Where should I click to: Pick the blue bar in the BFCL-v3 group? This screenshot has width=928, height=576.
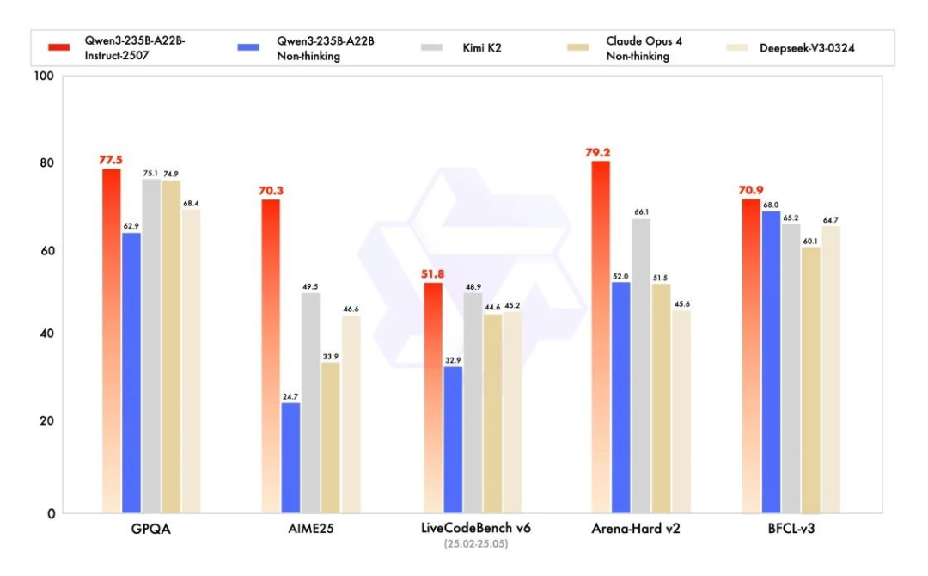(771, 361)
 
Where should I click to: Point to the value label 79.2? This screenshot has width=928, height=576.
(601, 152)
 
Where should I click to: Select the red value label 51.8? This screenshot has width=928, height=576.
(432, 273)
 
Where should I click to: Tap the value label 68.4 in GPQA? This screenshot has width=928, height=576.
(190, 203)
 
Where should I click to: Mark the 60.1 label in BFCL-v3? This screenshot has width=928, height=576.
(809, 241)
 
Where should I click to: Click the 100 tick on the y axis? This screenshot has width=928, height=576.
(46, 77)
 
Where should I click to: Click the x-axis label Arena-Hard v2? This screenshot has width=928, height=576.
(638, 530)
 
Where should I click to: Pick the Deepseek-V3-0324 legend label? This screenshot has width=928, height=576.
(807, 47)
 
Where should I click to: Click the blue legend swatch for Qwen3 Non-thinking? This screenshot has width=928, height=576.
(252, 46)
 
